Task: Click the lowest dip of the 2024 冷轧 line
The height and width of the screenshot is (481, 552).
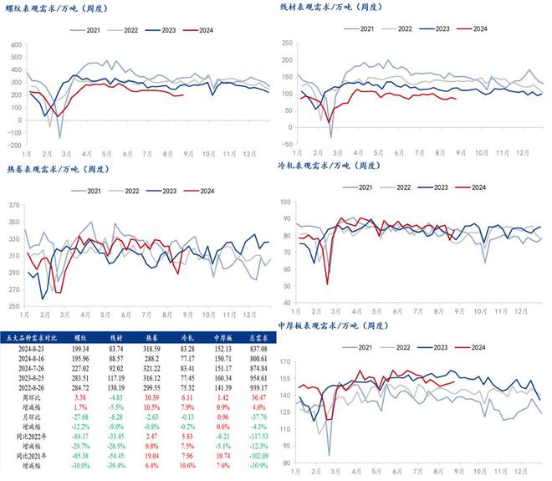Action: [x=327, y=284]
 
